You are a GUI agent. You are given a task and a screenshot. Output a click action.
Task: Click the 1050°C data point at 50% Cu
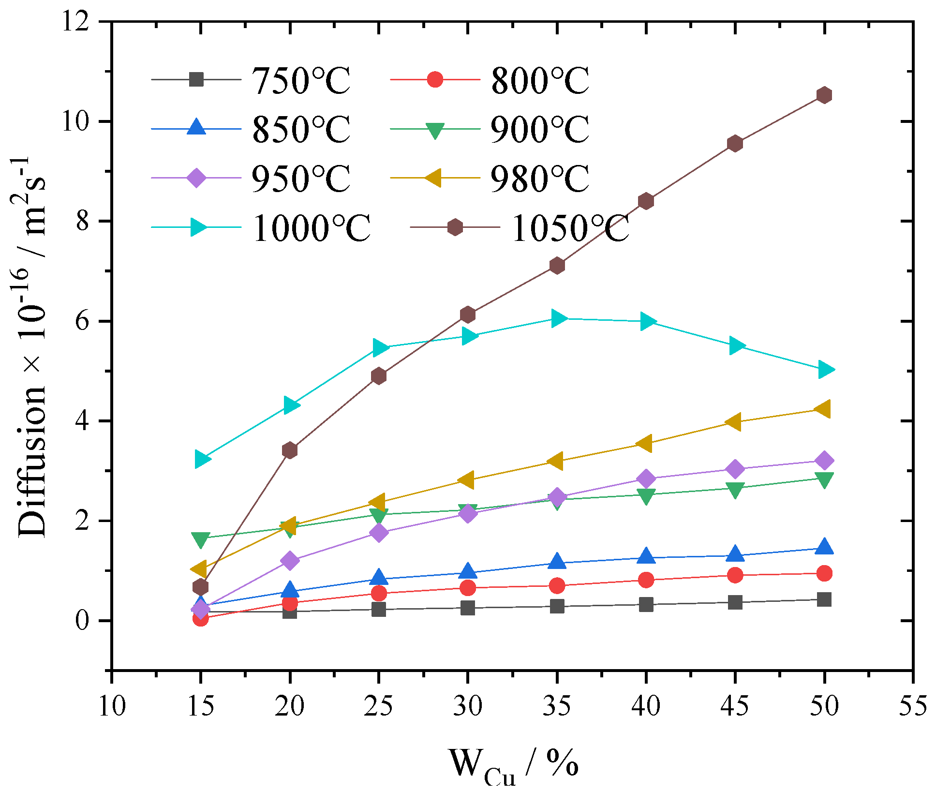coord(824,95)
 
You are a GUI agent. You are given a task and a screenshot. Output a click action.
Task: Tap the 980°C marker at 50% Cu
coord(823,409)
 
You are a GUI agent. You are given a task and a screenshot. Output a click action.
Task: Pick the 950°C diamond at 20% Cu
coord(290,561)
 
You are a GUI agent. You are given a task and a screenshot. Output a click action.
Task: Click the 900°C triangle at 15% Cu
coord(200,539)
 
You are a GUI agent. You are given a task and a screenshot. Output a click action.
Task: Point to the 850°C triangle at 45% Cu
coord(735,553)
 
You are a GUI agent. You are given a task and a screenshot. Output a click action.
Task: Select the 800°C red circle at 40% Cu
coord(646,580)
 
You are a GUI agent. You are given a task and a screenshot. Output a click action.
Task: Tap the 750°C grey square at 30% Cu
coord(468,608)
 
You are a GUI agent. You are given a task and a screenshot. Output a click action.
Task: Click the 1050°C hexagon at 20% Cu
coord(290,450)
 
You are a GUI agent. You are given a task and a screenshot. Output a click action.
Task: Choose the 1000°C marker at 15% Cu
coord(202,459)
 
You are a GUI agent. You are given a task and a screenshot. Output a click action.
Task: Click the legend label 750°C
coord(301,80)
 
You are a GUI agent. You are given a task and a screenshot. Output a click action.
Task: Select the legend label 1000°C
coord(311,228)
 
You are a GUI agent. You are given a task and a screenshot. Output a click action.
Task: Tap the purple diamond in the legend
coord(196,178)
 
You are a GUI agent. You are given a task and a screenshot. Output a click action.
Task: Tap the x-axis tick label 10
coord(112,706)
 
